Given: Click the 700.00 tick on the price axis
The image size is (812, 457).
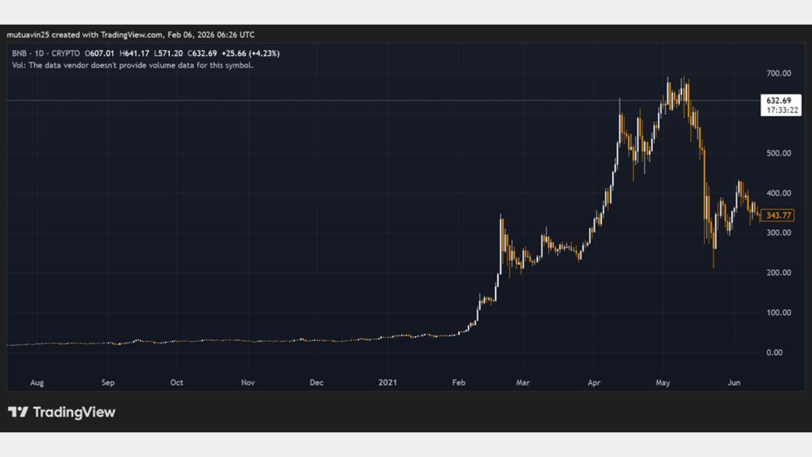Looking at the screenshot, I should (x=778, y=74).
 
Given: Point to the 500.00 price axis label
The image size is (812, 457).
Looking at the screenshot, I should (x=778, y=153).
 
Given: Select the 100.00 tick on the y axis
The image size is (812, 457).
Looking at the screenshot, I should (x=778, y=312).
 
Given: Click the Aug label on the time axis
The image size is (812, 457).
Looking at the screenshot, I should (x=37, y=383).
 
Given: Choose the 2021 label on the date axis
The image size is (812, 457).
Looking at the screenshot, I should (x=387, y=383).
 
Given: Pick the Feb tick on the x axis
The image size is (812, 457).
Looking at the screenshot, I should (x=459, y=383).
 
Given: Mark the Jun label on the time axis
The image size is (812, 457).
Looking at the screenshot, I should (x=734, y=383).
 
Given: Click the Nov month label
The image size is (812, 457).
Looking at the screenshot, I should (x=248, y=383).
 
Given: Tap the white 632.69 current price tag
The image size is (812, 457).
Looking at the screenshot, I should (x=778, y=100).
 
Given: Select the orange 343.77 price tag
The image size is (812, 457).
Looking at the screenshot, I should (x=778, y=216).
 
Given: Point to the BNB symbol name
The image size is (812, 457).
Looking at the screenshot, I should (x=19, y=53).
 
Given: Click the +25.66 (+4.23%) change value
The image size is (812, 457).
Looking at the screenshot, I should (x=250, y=53).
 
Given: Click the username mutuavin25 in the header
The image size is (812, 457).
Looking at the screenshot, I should (x=28, y=34).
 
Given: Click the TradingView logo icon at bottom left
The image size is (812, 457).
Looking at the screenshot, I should (x=18, y=412).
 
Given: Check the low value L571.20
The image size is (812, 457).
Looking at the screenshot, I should (x=168, y=53).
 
